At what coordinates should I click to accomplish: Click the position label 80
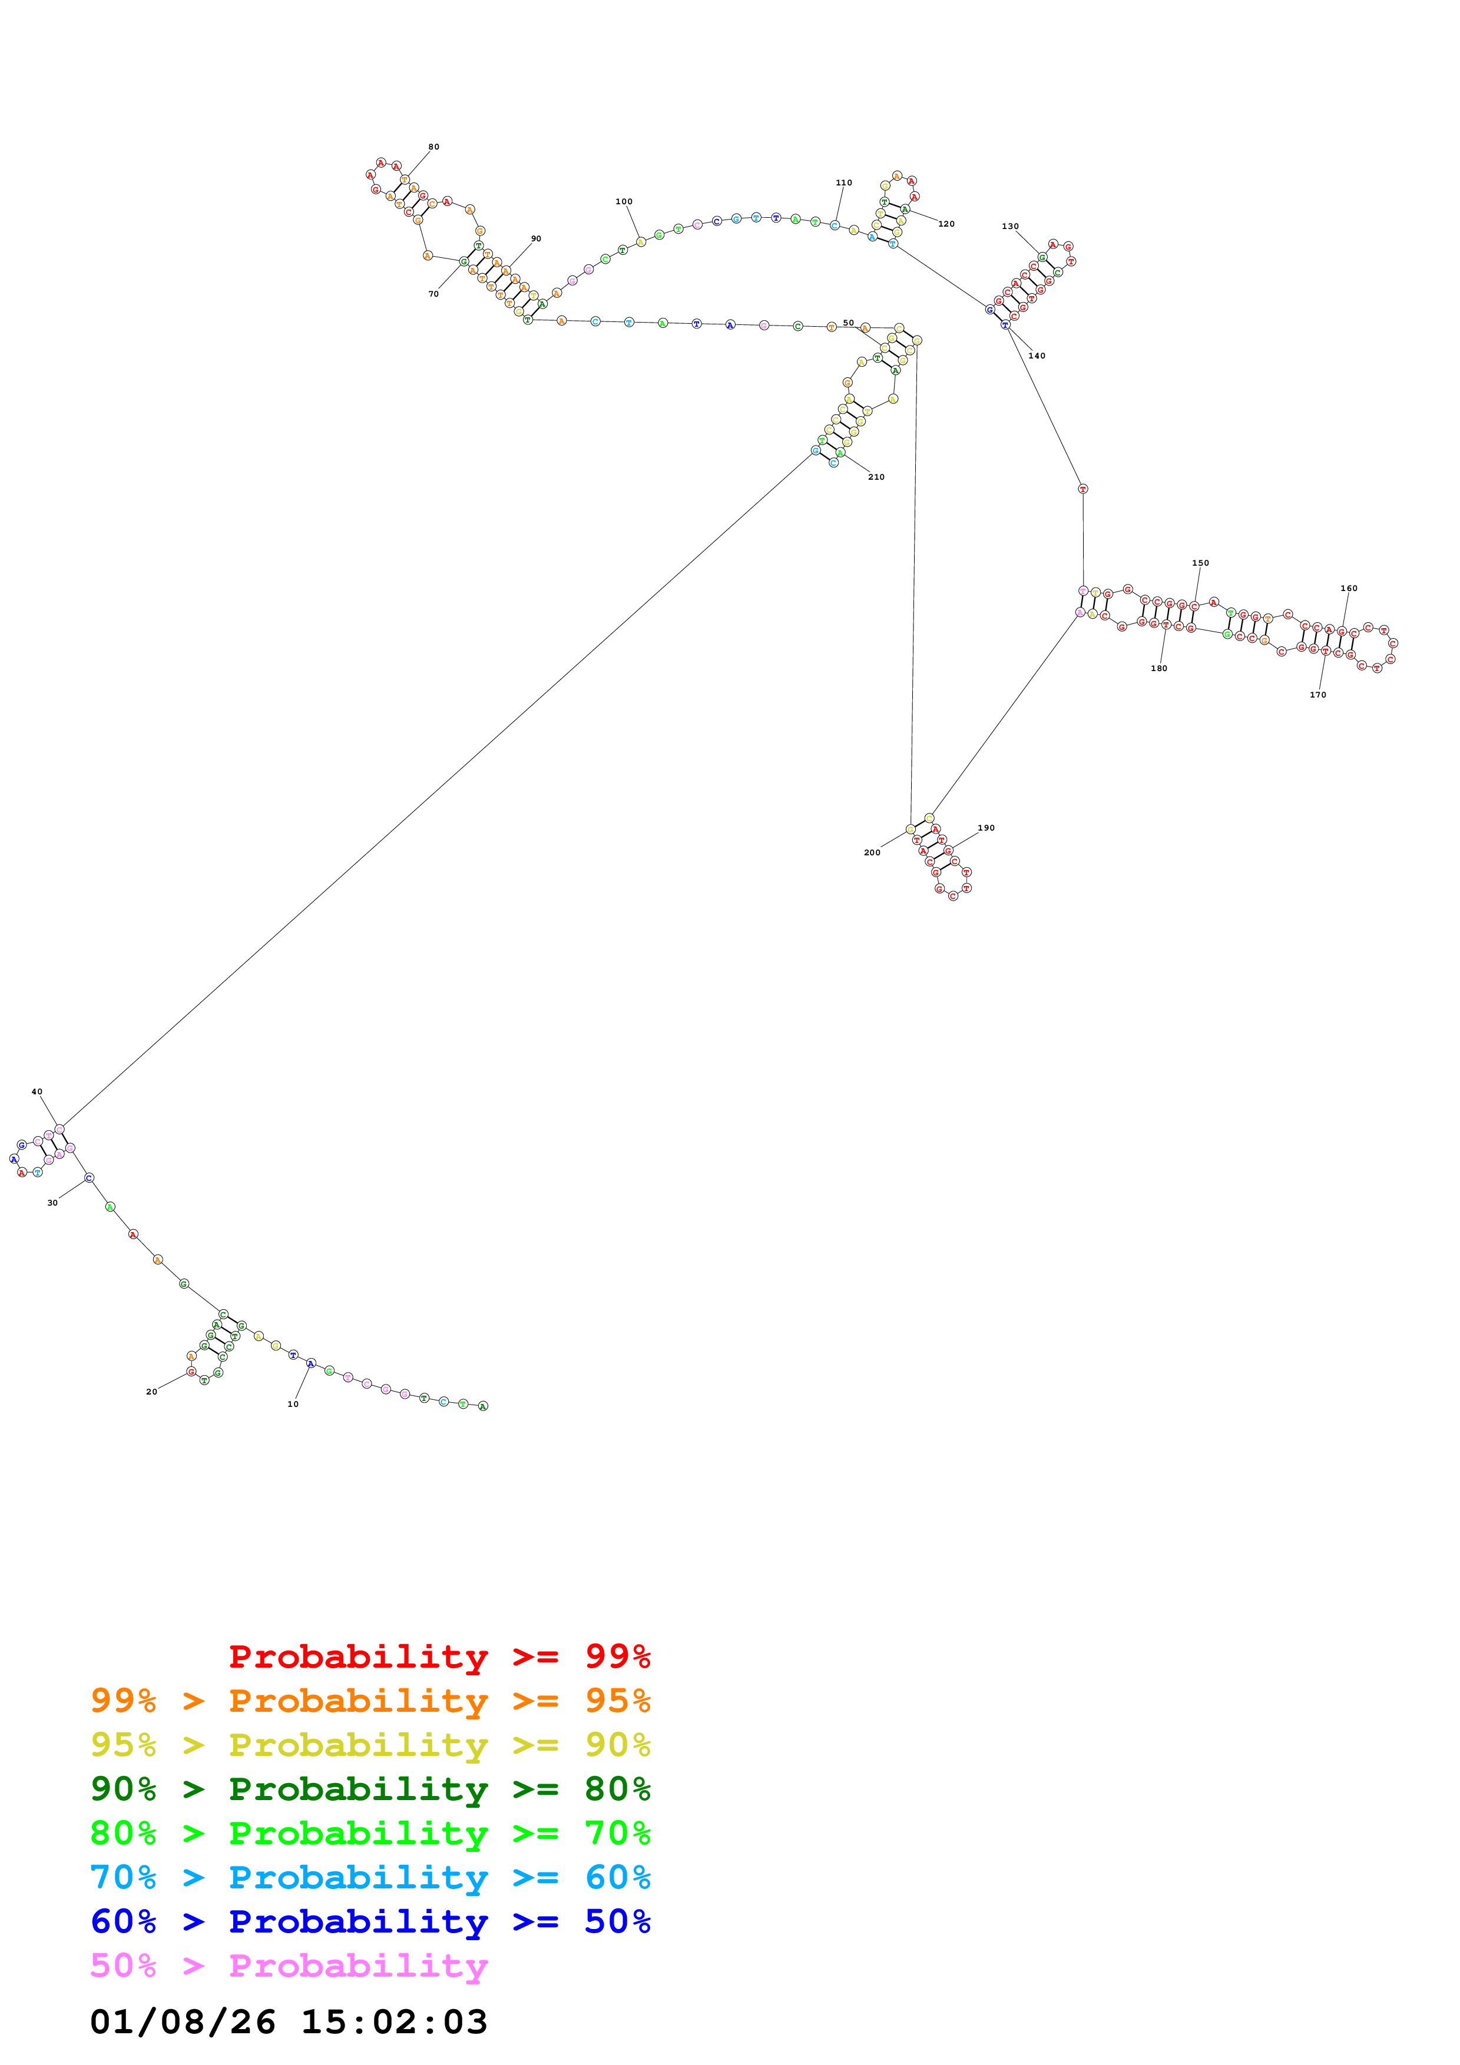click(433, 147)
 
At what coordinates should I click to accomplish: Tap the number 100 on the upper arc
click(624, 201)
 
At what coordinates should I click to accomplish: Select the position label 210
click(876, 477)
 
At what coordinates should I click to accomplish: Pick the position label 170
click(1318, 695)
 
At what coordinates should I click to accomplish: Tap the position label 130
click(1010, 227)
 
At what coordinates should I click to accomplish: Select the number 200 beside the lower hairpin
click(872, 852)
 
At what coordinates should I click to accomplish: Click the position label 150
click(1200, 563)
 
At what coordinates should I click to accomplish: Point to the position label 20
click(152, 1392)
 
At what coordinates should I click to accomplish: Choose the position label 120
click(946, 224)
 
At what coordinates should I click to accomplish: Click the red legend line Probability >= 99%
click(439, 1656)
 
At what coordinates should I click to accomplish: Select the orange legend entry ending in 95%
click(370, 1701)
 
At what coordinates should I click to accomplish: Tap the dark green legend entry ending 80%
click(370, 1789)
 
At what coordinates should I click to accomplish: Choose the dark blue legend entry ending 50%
click(370, 1921)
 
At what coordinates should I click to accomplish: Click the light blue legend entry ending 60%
click(370, 1877)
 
